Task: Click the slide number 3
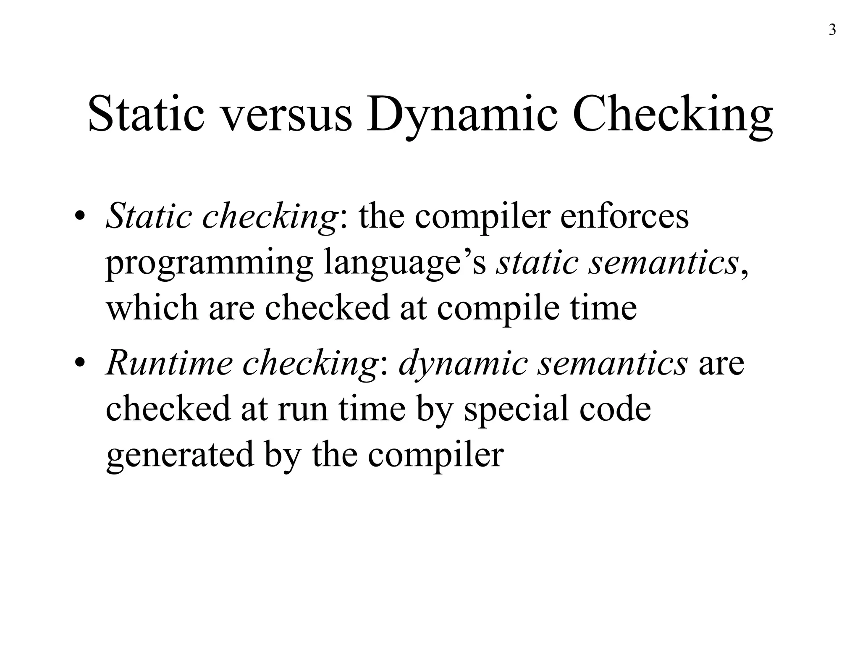coord(832,31)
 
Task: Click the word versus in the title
coord(286,114)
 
